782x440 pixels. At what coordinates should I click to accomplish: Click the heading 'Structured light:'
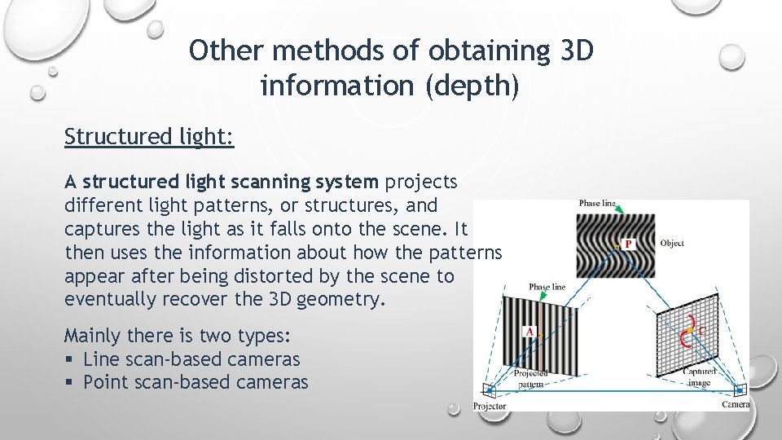pos(149,136)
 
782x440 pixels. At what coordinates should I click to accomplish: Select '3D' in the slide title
pos(576,51)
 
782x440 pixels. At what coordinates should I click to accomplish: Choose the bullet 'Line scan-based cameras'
pos(191,359)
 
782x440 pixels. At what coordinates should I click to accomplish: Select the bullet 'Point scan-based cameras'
pos(195,382)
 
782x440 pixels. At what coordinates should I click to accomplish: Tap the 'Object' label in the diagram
pos(672,243)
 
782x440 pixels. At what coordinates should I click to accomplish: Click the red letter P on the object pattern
pos(627,244)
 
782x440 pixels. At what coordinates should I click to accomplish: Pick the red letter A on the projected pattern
pos(530,332)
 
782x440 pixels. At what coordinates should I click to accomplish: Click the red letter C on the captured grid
pos(701,332)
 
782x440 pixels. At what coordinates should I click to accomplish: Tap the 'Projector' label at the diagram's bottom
pos(490,405)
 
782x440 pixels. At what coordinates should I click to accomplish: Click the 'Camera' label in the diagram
pos(736,404)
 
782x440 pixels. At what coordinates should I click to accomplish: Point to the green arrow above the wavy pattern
pos(617,210)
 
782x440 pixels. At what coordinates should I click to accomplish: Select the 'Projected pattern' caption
pos(530,377)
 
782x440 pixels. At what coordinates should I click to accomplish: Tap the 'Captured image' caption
pos(700,376)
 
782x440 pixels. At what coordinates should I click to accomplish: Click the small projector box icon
pos(489,390)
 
